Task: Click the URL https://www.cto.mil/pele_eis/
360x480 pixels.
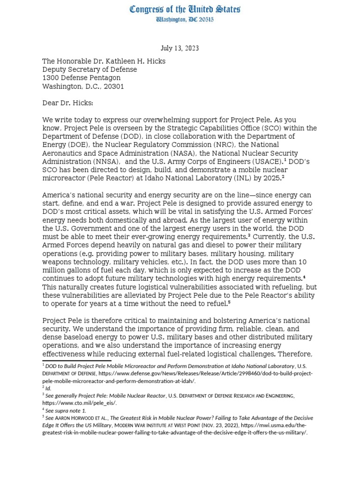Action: [x=79, y=403]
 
